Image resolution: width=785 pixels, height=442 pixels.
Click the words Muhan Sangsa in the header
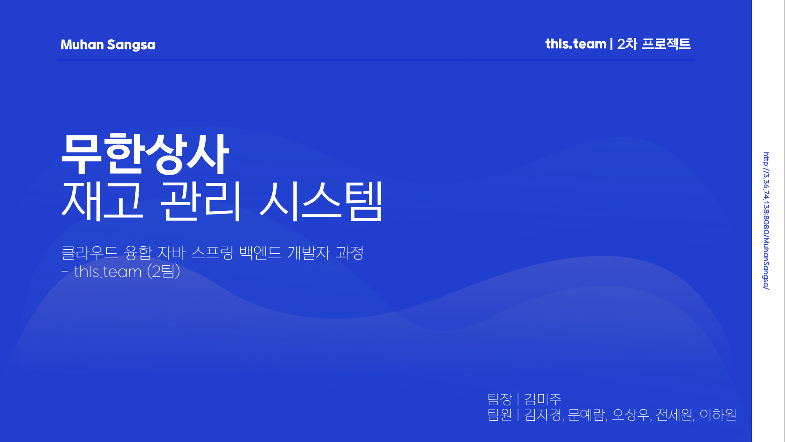pos(108,45)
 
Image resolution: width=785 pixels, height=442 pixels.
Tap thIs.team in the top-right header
pos(576,44)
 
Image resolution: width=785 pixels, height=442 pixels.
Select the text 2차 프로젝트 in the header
pos(654,44)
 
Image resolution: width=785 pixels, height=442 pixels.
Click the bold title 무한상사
pos(145,153)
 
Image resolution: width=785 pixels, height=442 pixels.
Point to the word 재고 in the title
pos(102,201)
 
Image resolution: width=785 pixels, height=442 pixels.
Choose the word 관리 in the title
pos(200,201)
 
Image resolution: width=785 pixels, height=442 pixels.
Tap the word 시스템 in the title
pos(321,201)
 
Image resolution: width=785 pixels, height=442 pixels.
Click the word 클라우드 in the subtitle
pos(89,253)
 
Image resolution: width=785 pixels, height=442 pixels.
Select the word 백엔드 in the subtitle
pos(260,253)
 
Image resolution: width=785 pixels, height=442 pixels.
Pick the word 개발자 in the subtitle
pos(309,253)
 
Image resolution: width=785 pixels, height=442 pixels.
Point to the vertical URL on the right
pos(766,221)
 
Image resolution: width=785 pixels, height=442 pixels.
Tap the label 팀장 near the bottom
pos(500,399)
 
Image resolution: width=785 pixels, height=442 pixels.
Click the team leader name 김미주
pos(543,399)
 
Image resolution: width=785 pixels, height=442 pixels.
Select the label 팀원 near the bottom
pos(500,415)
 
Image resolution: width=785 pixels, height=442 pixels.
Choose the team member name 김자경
pos(543,415)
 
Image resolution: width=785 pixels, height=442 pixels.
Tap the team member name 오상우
pos(630,415)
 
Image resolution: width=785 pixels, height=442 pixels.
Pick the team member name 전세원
pos(674,415)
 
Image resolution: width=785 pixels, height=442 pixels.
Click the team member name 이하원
pos(718,415)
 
